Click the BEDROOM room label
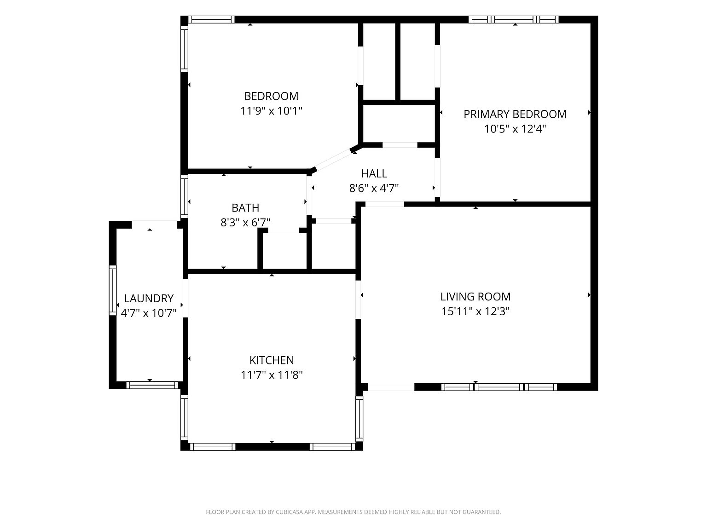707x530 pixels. pos(271,96)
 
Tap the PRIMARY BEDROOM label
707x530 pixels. pos(515,114)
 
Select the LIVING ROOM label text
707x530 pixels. pos(475,296)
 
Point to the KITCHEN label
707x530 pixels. pos(272,360)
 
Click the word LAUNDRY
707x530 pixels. pos(149,298)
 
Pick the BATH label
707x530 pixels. pos(245,208)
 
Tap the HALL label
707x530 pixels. pos(374,173)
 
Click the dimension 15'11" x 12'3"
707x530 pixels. pos(475,311)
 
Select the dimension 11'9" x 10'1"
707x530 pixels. pos(271,111)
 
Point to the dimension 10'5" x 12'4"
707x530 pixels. pos(515,129)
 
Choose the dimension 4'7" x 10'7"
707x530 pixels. pos(149,313)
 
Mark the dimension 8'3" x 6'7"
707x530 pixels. pos(245,222)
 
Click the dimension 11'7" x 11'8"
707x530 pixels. pos(272,375)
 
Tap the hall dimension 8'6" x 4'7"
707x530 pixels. pos(374,188)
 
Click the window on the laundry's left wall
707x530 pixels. pos(112,290)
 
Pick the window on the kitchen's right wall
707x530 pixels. pos(359,418)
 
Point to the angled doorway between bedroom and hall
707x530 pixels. pos(333,159)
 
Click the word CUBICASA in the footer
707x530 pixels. pos(290,512)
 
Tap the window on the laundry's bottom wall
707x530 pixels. pos(152,385)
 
